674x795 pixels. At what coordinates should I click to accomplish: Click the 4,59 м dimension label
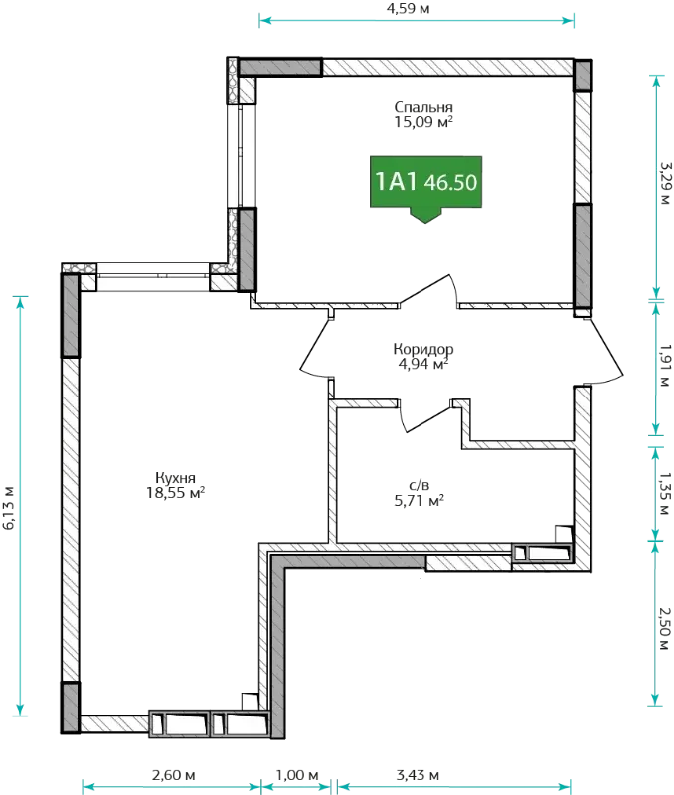(409, 9)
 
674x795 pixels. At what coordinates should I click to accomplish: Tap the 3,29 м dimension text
(665, 183)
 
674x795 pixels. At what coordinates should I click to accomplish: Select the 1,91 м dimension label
(665, 366)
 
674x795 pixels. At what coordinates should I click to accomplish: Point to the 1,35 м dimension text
(665, 494)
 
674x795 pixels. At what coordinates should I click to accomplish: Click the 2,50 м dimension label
(665, 629)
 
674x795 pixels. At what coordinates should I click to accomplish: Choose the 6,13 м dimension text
(9, 508)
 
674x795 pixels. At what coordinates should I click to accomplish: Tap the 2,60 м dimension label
(173, 775)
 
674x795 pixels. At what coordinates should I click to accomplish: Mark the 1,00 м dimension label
(297, 775)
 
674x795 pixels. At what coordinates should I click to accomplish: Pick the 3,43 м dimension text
(418, 775)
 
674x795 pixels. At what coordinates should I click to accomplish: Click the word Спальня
(423, 107)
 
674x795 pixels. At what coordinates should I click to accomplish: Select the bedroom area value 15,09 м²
(423, 122)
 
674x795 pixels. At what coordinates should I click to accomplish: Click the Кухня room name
(175, 478)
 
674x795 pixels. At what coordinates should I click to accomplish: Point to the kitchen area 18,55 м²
(176, 492)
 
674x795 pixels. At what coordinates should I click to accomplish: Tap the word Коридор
(423, 350)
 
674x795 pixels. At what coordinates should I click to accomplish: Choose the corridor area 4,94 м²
(423, 364)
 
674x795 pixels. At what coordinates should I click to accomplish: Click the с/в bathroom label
(419, 486)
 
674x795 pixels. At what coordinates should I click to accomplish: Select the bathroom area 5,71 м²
(419, 501)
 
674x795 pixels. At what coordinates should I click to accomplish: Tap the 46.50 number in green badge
(451, 183)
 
